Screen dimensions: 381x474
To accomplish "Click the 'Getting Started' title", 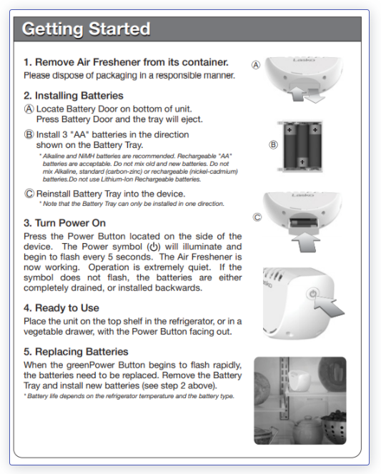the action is pyautogui.click(x=86, y=29).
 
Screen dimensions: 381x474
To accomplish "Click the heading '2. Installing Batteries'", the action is pyautogui.click(x=74, y=96).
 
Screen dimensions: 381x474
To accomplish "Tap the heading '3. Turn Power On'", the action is pyautogui.click(x=64, y=223).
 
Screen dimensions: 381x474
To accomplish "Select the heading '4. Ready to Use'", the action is pyautogui.click(x=61, y=307).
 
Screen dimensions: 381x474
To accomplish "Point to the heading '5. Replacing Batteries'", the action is pyautogui.click(x=76, y=352).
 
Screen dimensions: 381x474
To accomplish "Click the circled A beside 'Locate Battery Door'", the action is pyautogui.click(x=29, y=109).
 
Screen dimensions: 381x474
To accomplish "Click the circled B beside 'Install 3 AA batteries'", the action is pyautogui.click(x=29, y=134).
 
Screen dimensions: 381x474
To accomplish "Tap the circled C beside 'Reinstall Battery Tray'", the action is pyautogui.click(x=29, y=194).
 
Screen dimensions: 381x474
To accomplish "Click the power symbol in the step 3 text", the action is pyautogui.click(x=154, y=247).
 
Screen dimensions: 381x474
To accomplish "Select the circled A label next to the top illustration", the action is pyautogui.click(x=256, y=65).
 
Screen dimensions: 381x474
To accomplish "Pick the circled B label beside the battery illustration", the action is pyautogui.click(x=273, y=145).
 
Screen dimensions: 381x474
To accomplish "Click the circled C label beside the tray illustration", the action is pyautogui.click(x=257, y=217).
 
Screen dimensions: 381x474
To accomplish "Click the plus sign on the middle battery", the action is pyautogui.click(x=302, y=162).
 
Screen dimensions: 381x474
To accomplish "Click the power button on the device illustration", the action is pyautogui.click(x=312, y=293).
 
